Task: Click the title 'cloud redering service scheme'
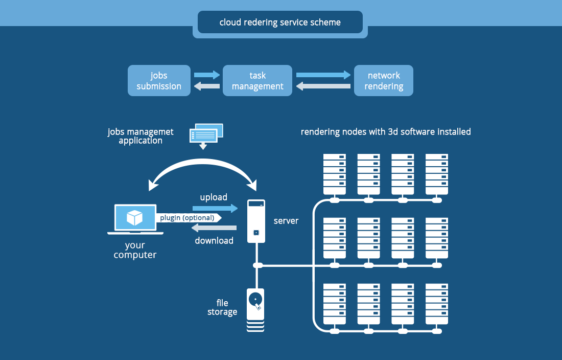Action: pyautogui.click(x=280, y=22)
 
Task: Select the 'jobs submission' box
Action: pyautogui.click(x=159, y=81)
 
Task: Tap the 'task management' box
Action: pyautogui.click(x=257, y=81)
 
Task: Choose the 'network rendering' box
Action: pyautogui.click(x=384, y=81)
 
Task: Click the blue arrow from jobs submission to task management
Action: pyautogui.click(x=206, y=75)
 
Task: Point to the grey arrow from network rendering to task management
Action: pyautogui.click(x=323, y=86)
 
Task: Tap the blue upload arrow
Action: pyautogui.click(x=215, y=208)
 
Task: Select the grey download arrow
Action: pyautogui.click(x=215, y=228)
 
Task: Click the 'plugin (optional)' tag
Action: pyautogui.click(x=188, y=218)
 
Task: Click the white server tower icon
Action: pyautogui.click(x=256, y=221)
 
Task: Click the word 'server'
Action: pyautogui.click(x=286, y=221)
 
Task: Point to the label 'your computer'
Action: pyautogui.click(x=135, y=250)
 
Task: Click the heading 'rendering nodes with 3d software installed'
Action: pyautogui.click(x=386, y=132)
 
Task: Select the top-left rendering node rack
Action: pyautogui.click(x=335, y=173)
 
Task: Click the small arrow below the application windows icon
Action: pyautogui.click(x=203, y=146)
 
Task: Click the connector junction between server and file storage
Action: pyautogui.click(x=257, y=265)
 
